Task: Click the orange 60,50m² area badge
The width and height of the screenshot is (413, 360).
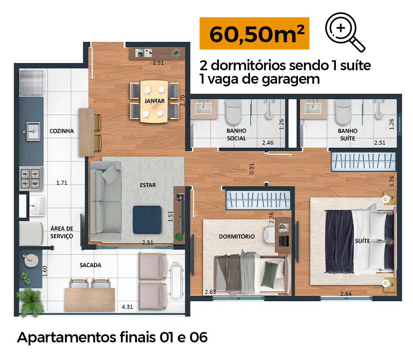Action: tap(254, 33)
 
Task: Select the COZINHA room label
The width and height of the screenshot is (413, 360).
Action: tap(62, 131)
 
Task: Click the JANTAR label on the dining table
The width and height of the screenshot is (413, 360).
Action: tap(154, 101)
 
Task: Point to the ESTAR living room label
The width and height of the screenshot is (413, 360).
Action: tap(148, 185)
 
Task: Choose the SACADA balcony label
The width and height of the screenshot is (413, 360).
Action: tap(90, 265)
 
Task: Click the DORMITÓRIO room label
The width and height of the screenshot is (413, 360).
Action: tap(237, 236)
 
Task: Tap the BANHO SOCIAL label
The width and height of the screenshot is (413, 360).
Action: tap(236, 134)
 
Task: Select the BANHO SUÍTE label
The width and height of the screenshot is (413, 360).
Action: tap(348, 134)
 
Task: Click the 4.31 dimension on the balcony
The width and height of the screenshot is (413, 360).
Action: tap(127, 307)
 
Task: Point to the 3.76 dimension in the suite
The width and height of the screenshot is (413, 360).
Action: tap(392, 182)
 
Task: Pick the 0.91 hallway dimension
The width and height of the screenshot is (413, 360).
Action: tap(252, 169)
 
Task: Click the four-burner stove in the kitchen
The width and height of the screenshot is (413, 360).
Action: tap(31, 178)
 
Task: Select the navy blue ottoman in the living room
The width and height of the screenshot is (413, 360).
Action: tap(147, 220)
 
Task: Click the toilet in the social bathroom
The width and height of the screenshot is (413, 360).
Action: tap(234, 112)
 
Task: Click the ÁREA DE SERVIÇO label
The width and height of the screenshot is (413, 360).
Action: tap(62, 232)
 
